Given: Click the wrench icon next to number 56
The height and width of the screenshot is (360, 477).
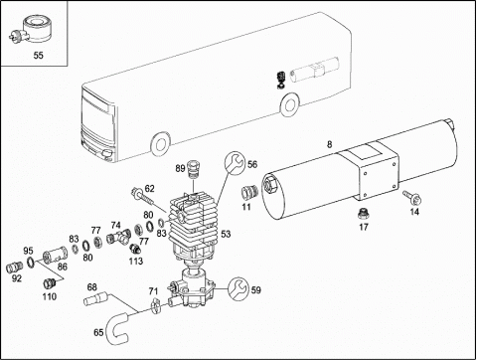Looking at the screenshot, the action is (235, 163).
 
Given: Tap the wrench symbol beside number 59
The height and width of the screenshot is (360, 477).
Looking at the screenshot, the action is (238, 289).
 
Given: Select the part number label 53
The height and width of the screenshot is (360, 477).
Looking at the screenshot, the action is (226, 234).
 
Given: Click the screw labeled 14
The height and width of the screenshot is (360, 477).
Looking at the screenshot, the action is (411, 197).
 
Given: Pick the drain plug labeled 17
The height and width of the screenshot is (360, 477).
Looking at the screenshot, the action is (363, 214).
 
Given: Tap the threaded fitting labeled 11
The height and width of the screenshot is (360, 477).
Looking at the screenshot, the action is (249, 192).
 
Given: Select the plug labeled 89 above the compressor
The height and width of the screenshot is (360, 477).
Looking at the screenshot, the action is (192, 169).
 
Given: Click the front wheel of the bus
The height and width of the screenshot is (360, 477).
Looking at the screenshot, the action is (161, 144).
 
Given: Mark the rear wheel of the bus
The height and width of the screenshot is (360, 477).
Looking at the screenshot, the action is (290, 104).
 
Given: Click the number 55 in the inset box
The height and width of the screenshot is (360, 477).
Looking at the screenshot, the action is (39, 55).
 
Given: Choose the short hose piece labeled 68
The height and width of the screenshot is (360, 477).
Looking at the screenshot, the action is (95, 298).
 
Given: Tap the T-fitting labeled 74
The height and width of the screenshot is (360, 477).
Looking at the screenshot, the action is (119, 237).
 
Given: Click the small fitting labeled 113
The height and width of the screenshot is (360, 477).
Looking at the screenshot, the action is (135, 248).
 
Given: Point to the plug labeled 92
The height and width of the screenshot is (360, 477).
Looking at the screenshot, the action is (15, 268).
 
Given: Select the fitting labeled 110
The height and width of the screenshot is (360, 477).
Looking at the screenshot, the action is (49, 283).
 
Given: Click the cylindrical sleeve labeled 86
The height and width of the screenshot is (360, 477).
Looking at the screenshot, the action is (55, 255).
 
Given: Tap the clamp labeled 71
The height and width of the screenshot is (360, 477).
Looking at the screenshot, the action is (155, 305).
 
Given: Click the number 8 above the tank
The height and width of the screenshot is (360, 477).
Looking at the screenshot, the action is (329, 144).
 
